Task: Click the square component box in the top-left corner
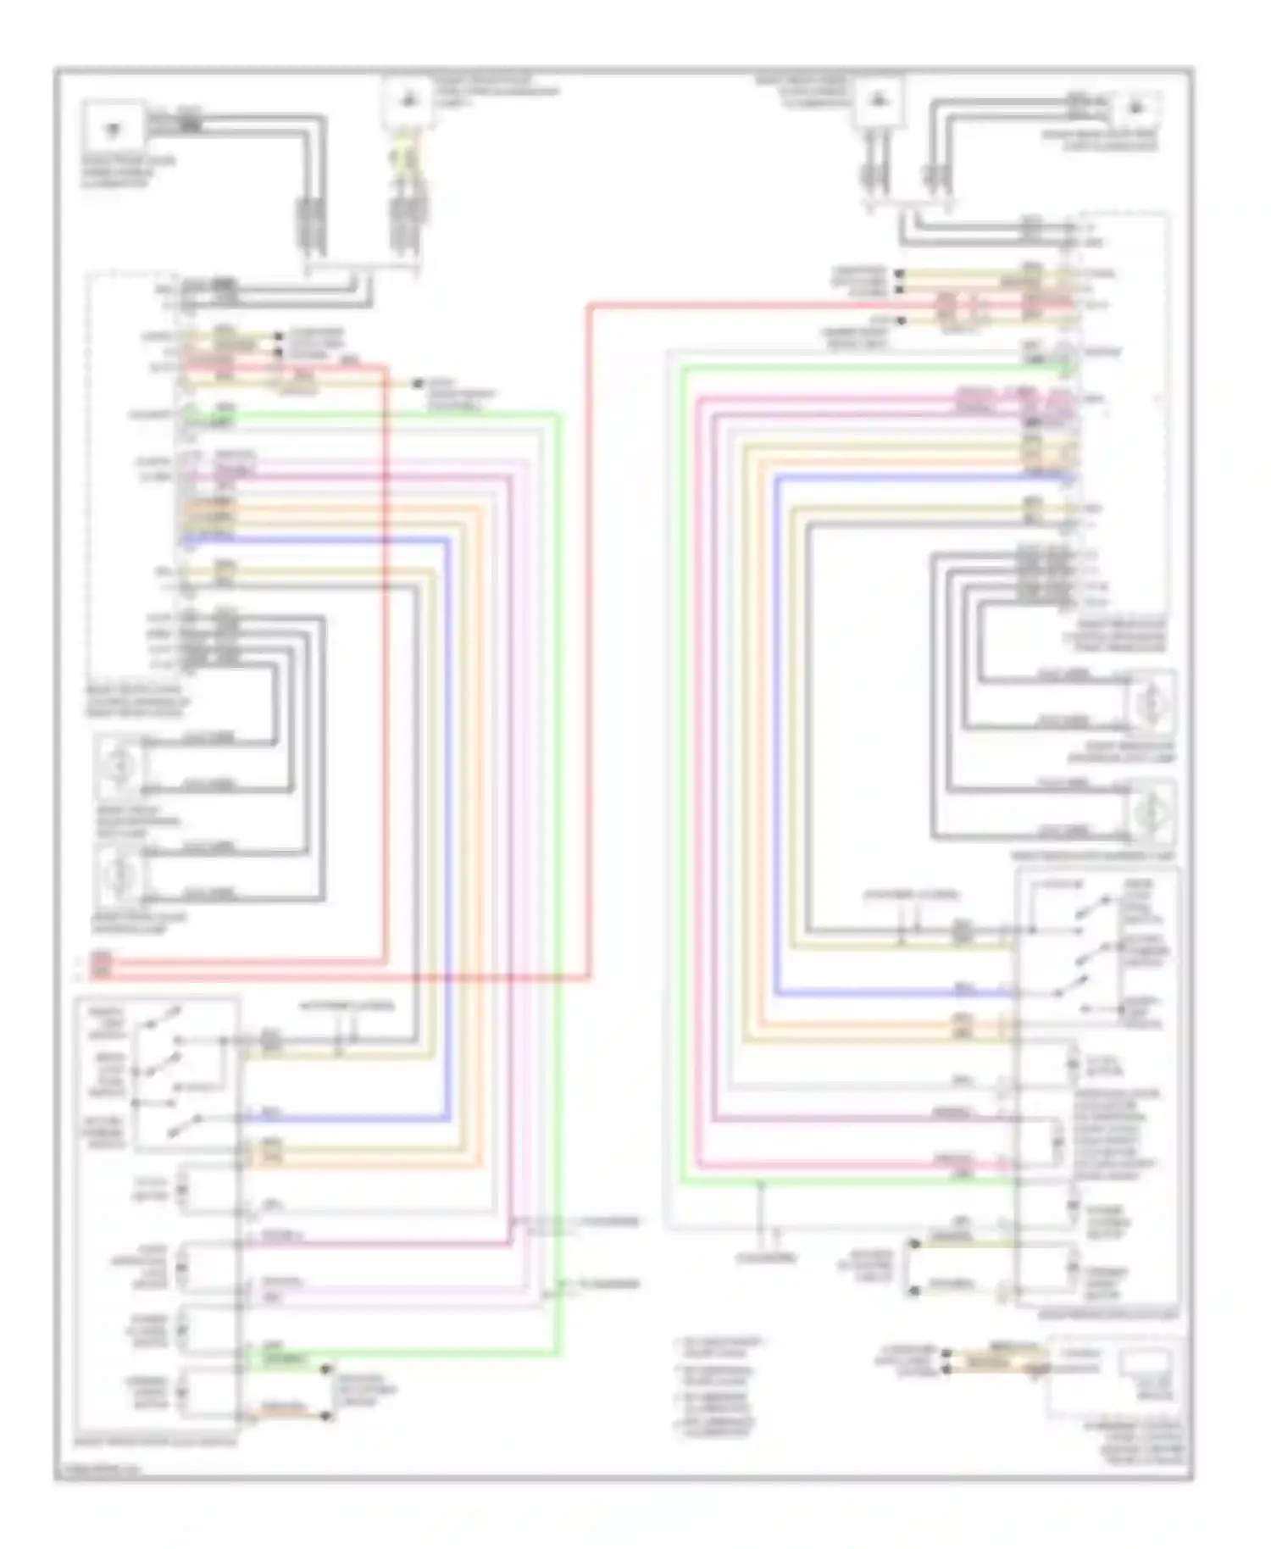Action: tap(114, 130)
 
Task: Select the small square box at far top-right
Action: tap(1135, 110)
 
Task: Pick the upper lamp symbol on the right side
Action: tap(1152, 703)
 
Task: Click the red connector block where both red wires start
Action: tap(101, 966)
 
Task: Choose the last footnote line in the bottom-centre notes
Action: tap(720, 1426)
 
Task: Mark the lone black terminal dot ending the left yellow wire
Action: tap(418, 384)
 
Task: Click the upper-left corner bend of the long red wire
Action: tap(591, 307)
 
